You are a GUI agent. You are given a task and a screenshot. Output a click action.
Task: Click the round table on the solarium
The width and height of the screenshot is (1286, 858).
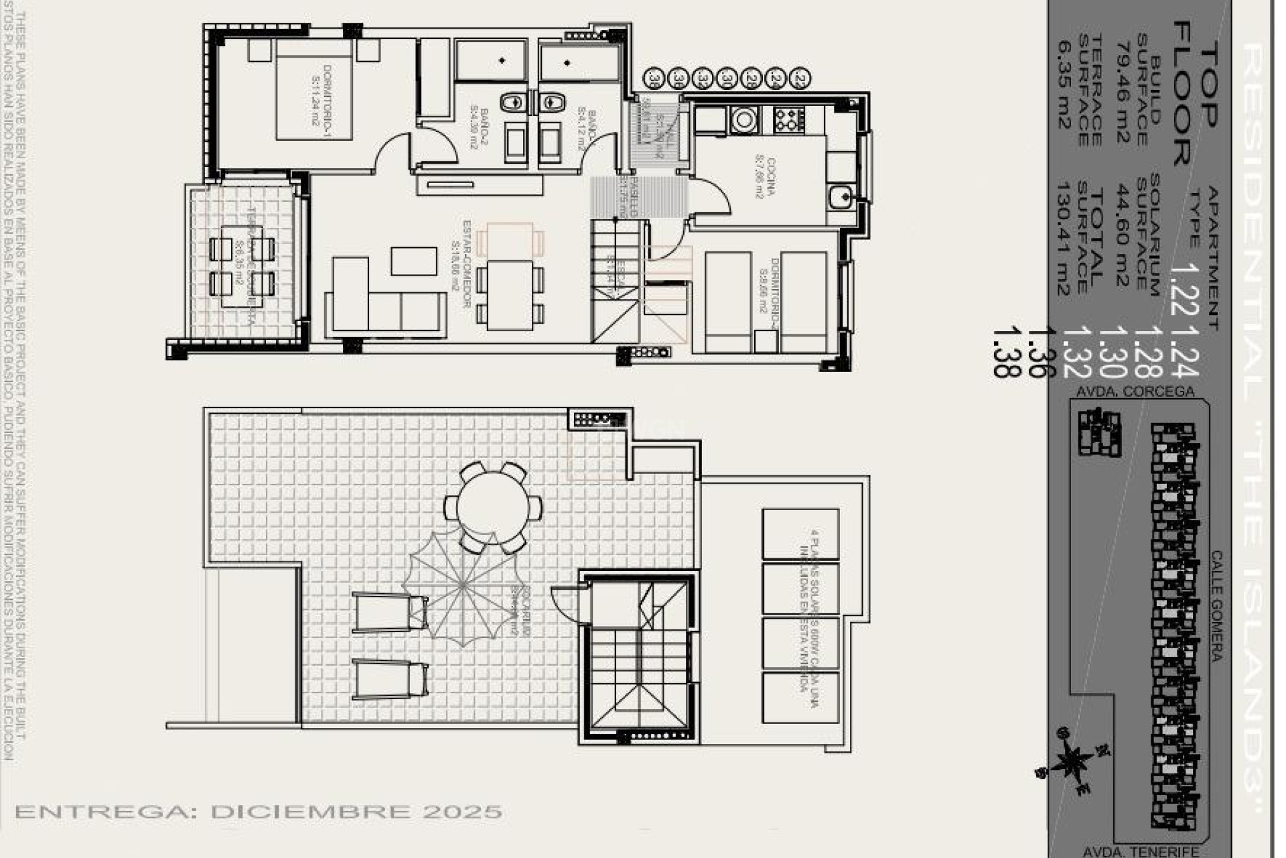[494, 506]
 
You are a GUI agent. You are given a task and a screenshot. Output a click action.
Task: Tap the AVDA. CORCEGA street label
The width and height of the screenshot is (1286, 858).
[1135, 391]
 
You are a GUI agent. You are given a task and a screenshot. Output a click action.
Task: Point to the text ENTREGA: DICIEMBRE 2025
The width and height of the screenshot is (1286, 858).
[259, 812]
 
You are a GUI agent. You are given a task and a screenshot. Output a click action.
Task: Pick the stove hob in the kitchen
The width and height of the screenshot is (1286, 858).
[789, 120]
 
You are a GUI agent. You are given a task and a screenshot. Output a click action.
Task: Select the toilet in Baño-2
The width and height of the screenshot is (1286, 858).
[512, 102]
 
